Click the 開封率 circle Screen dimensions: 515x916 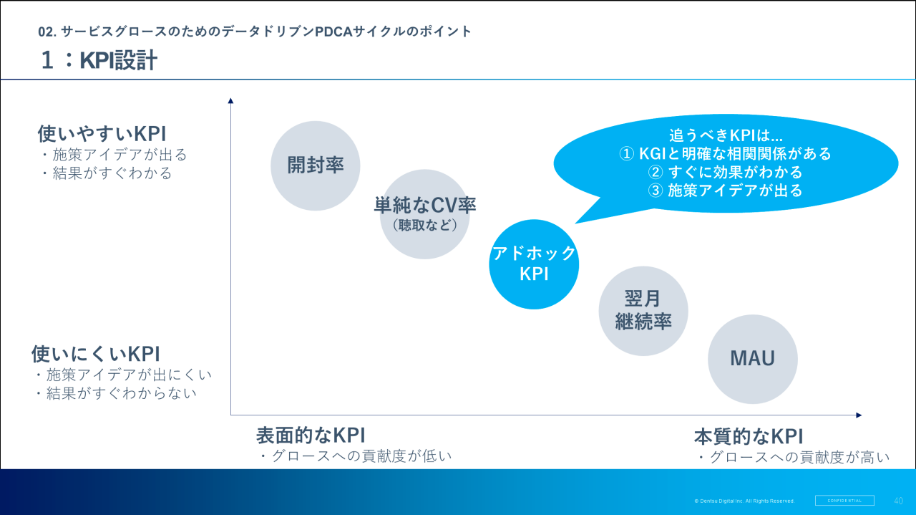[x=315, y=165]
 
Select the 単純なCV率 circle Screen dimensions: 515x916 [x=424, y=214]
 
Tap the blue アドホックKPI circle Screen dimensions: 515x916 [x=534, y=264]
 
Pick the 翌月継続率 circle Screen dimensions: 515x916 [x=643, y=311]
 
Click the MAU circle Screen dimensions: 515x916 [x=752, y=358]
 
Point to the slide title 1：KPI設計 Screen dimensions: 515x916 [x=99, y=61]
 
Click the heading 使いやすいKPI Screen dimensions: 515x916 [x=102, y=134]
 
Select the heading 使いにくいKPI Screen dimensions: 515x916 [x=95, y=354]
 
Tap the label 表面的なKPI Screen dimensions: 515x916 [x=311, y=435]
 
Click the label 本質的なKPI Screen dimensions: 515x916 [x=749, y=436]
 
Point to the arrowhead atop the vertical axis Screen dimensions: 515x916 [x=230, y=101]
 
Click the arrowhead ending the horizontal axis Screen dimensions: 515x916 [x=859, y=415]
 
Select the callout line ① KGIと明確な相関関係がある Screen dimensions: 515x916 [x=725, y=153]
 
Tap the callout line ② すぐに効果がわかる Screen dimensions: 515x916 [x=725, y=172]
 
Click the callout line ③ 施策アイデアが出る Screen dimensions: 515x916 [x=725, y=191]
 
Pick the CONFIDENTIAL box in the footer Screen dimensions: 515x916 [x=844, y=501]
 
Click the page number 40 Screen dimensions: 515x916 [x=899, y=501]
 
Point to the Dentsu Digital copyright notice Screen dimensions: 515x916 [x=744, y=501]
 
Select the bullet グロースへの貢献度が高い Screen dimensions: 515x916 [x=793, y=457]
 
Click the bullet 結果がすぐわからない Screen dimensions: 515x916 [x=115, y=393]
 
